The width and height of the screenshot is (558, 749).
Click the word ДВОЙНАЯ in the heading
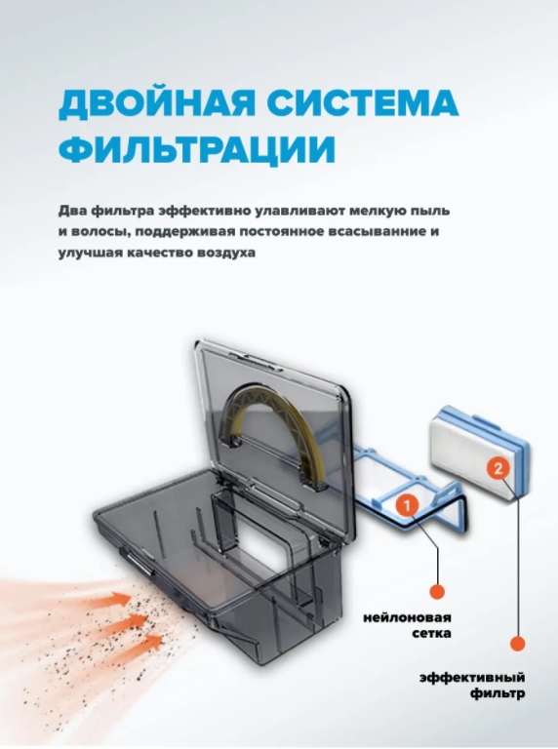coord(157,102)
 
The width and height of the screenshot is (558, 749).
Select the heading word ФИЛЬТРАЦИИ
coord(196,148)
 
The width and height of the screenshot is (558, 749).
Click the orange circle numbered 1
coord(407,505)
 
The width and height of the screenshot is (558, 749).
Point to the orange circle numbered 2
coord(498,468)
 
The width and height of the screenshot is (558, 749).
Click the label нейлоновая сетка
coord(407,625)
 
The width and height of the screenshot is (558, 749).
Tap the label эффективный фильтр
coord(472,685)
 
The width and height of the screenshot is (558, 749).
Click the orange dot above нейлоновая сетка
coord(437,592)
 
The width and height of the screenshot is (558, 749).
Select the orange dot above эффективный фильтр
coord(517,643)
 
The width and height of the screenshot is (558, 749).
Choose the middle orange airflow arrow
coord(129,620)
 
